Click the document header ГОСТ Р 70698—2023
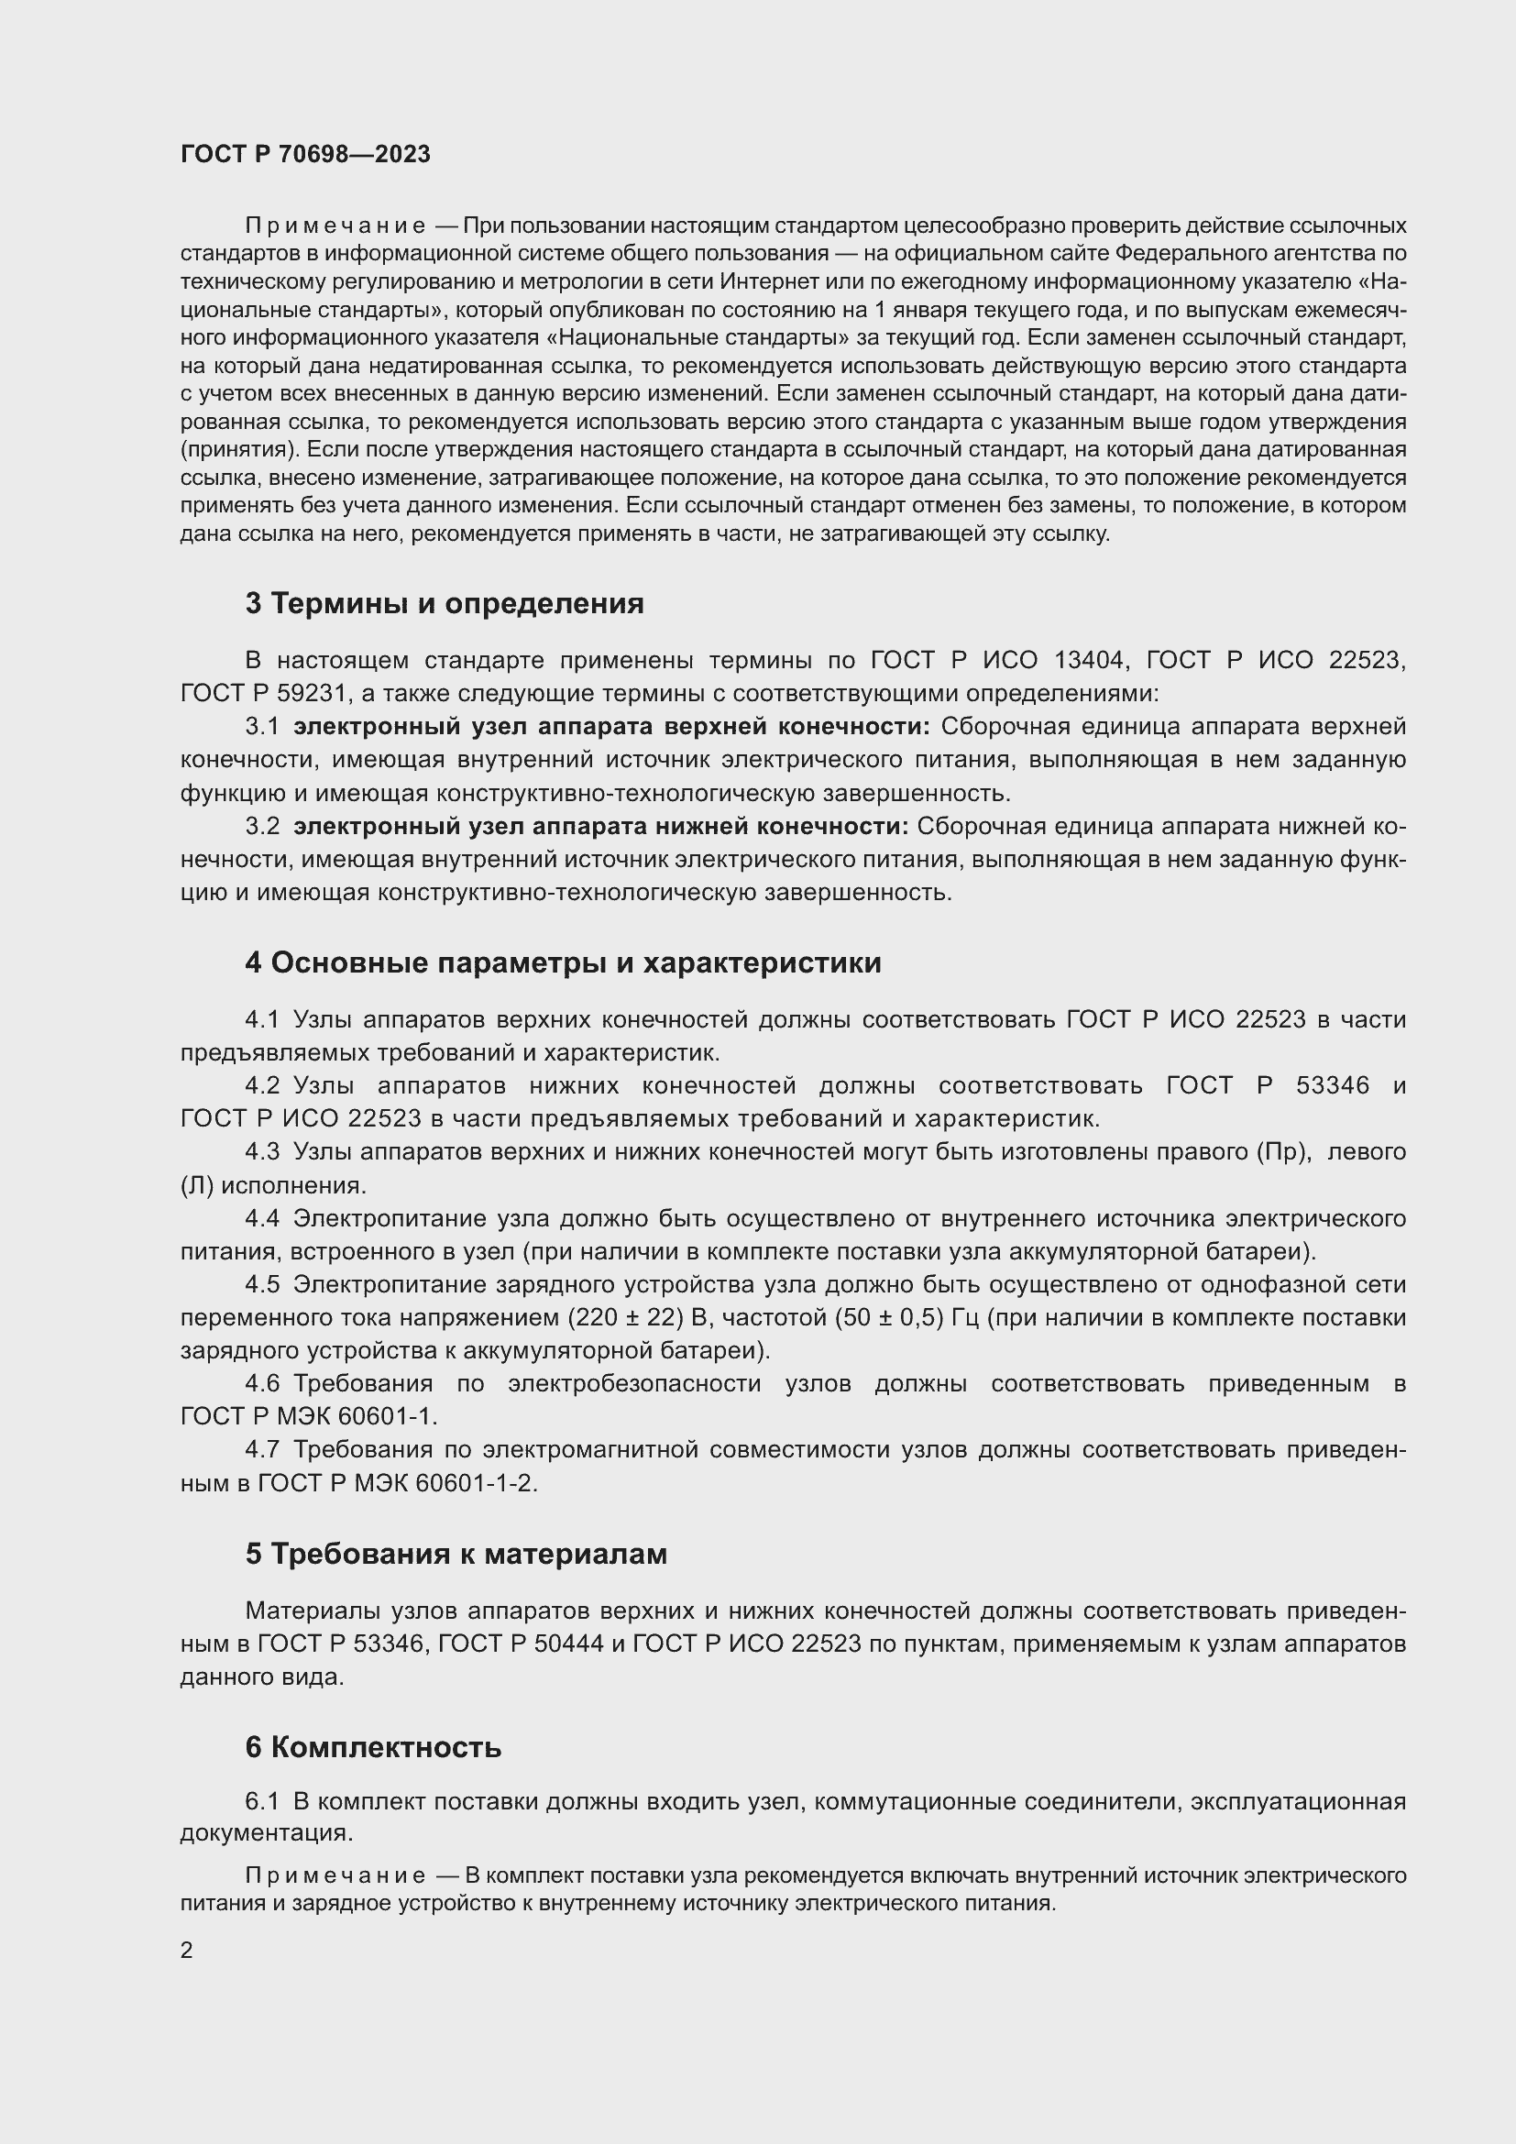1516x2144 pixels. tap(305, 154)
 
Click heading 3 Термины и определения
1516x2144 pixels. tap(445, 603)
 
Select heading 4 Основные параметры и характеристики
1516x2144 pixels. tap(563, 962)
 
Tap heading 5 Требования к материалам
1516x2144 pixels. tap(456, 1553)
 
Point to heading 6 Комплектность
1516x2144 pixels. tap(373, 1746)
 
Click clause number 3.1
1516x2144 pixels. tap(262, 727)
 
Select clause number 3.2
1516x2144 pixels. tap(262, 826)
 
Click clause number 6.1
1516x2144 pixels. tap(262, 1800)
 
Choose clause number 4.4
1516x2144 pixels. tap(262, 1217)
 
